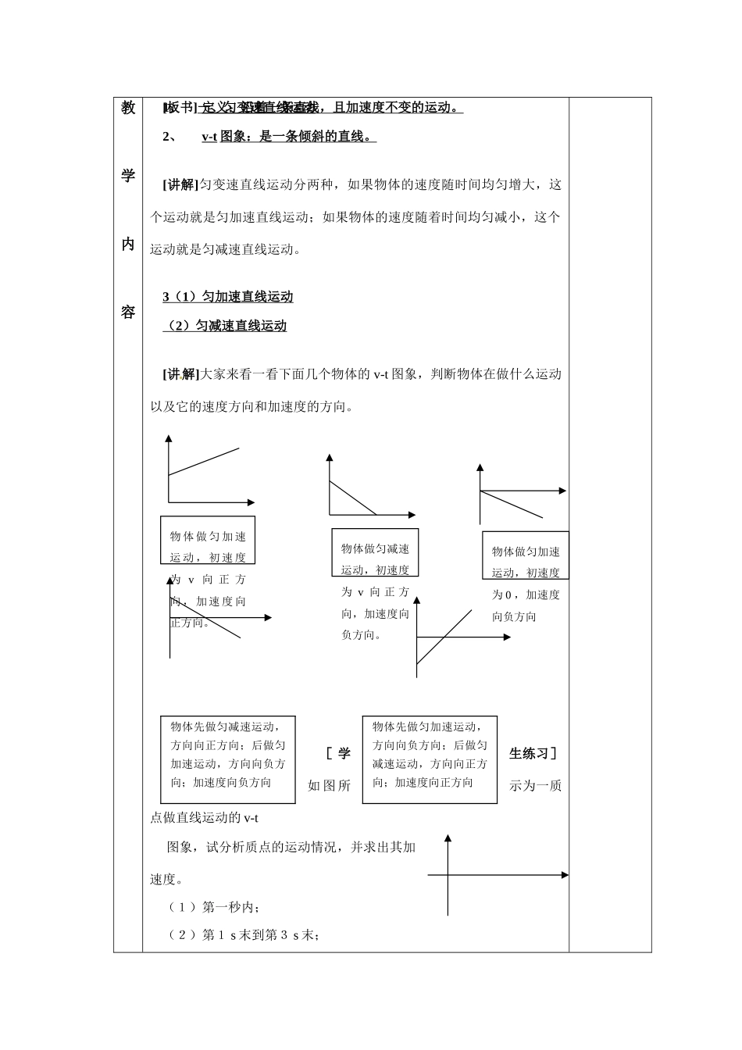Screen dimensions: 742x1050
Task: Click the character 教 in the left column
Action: tap(128, 108)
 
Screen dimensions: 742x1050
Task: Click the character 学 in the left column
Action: tap(128, 176)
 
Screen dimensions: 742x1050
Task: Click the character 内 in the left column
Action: tap(128, 244)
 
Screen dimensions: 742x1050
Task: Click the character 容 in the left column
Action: tap(128, 312)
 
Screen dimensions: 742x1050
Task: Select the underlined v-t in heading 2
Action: tap(209, 137)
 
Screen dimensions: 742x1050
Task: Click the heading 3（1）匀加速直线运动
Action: tap(228, 297)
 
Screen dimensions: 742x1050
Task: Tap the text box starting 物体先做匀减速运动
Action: tap(228, 759)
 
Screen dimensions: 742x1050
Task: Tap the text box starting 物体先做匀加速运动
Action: tap(430, 759)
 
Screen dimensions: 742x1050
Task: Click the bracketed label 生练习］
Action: tap(533, 754)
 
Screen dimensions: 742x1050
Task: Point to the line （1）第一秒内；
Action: tap(215, 907)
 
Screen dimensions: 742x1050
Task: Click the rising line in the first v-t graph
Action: tap(204, 461)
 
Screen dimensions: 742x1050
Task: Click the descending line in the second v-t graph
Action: tap(353, 498)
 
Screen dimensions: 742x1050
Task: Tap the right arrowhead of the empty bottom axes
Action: tap(565, 875)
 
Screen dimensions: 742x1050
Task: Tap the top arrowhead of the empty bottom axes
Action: tap(448, 839)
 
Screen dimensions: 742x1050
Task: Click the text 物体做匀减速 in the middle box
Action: tap(375, 549)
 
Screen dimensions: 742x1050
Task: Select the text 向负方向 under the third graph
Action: tap(514, 616)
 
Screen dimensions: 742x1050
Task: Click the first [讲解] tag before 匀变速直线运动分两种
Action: tap(180, 185)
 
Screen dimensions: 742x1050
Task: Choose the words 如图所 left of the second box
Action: tap(329, 786)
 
